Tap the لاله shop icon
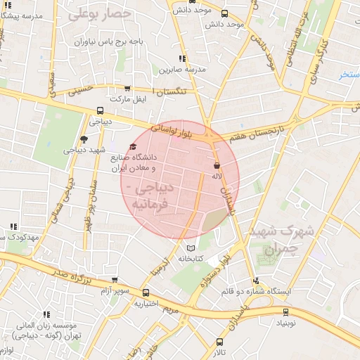point(217,166)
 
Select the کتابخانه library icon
point(191,248)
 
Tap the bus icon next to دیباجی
point(101,110)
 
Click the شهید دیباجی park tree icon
point(84,139)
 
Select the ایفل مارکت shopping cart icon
point(127,88)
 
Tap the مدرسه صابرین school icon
point(182,58)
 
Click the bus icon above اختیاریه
point(146,292)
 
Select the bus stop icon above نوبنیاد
point(285,311)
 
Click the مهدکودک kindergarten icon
point(13,226)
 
